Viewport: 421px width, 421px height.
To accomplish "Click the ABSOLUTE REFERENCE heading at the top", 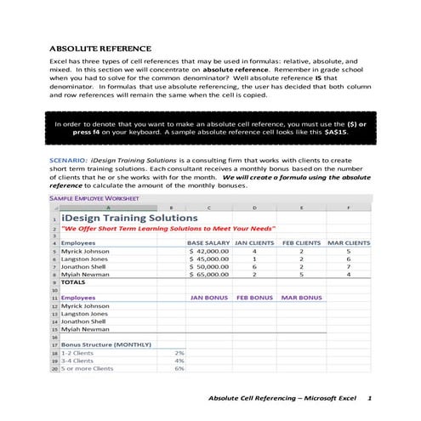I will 100,48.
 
